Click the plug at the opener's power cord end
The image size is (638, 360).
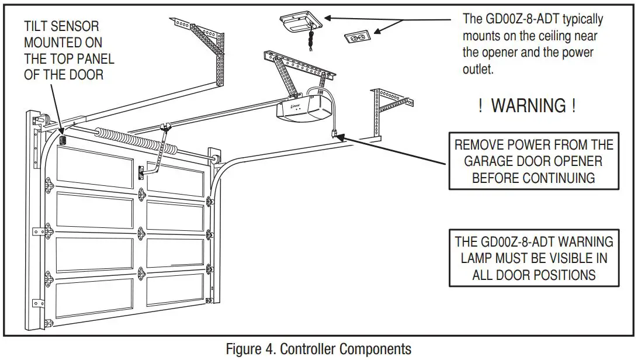tap(335, 134)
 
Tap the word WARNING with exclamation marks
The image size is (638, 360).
tap(528, 106)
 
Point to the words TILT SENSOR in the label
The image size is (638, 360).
tap(61, 26)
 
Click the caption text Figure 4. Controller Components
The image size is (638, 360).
tap(318, 349)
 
